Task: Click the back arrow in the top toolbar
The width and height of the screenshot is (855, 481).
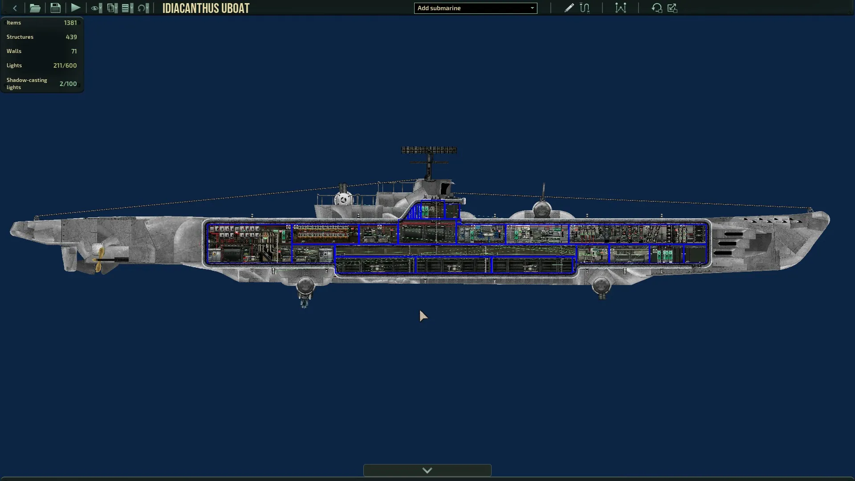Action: point(15,8)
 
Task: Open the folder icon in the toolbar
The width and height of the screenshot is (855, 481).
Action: point(35,8)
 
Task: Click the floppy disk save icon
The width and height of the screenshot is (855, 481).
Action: point(55,8)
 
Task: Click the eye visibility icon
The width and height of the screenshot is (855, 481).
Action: point(96,8)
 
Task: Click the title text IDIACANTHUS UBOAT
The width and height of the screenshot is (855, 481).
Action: point(206,8)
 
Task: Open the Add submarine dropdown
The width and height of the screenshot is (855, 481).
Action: point(476,8)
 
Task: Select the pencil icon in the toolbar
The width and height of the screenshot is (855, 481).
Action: point(569,8)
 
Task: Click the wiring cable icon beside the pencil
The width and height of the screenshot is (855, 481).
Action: point(585,8)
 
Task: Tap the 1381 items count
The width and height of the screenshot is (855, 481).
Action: point(70,23)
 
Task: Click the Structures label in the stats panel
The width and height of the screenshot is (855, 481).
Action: point(20,37)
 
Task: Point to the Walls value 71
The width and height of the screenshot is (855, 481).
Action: point(74,51)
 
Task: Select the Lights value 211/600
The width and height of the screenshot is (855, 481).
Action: point(65,65)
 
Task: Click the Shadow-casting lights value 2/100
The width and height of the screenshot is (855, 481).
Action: point(68,84)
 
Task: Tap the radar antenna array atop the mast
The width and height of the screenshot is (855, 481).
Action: point(429,150)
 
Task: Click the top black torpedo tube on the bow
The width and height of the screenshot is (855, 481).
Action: point(733,234)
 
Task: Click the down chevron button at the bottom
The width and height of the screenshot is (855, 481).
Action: point(427,470)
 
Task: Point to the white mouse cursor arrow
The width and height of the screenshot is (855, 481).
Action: point(423,316)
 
